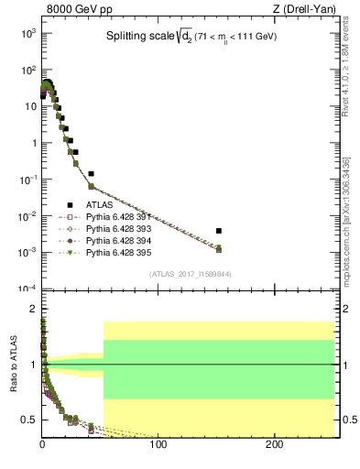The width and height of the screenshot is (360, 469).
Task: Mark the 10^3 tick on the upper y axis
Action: click(x=31, y=33)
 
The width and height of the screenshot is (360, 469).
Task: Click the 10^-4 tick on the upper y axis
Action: click(x=29, y=289)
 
